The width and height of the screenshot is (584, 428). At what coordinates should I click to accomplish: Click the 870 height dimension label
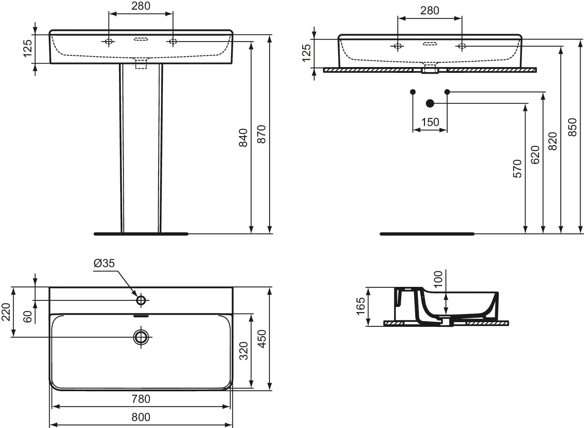[x=261, y=134]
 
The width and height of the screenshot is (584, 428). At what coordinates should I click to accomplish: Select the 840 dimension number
[x=244, y=138]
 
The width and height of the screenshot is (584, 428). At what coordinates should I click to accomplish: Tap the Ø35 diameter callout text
[x=104, y=263]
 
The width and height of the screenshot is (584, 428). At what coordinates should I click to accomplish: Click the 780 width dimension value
[x=141, y=399]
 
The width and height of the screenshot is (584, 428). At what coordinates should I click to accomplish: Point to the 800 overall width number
[x=141, y=417]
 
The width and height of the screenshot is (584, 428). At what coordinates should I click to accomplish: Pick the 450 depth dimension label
[x=262, y=338]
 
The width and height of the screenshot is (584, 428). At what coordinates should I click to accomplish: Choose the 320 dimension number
[x=244, y=351]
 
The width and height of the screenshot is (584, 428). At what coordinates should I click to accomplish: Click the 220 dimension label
[x=6, y=312]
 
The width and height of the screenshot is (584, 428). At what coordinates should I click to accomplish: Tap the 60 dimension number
[x=28, y=316]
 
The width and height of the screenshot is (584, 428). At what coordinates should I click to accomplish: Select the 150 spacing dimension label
[x=430, y=122]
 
